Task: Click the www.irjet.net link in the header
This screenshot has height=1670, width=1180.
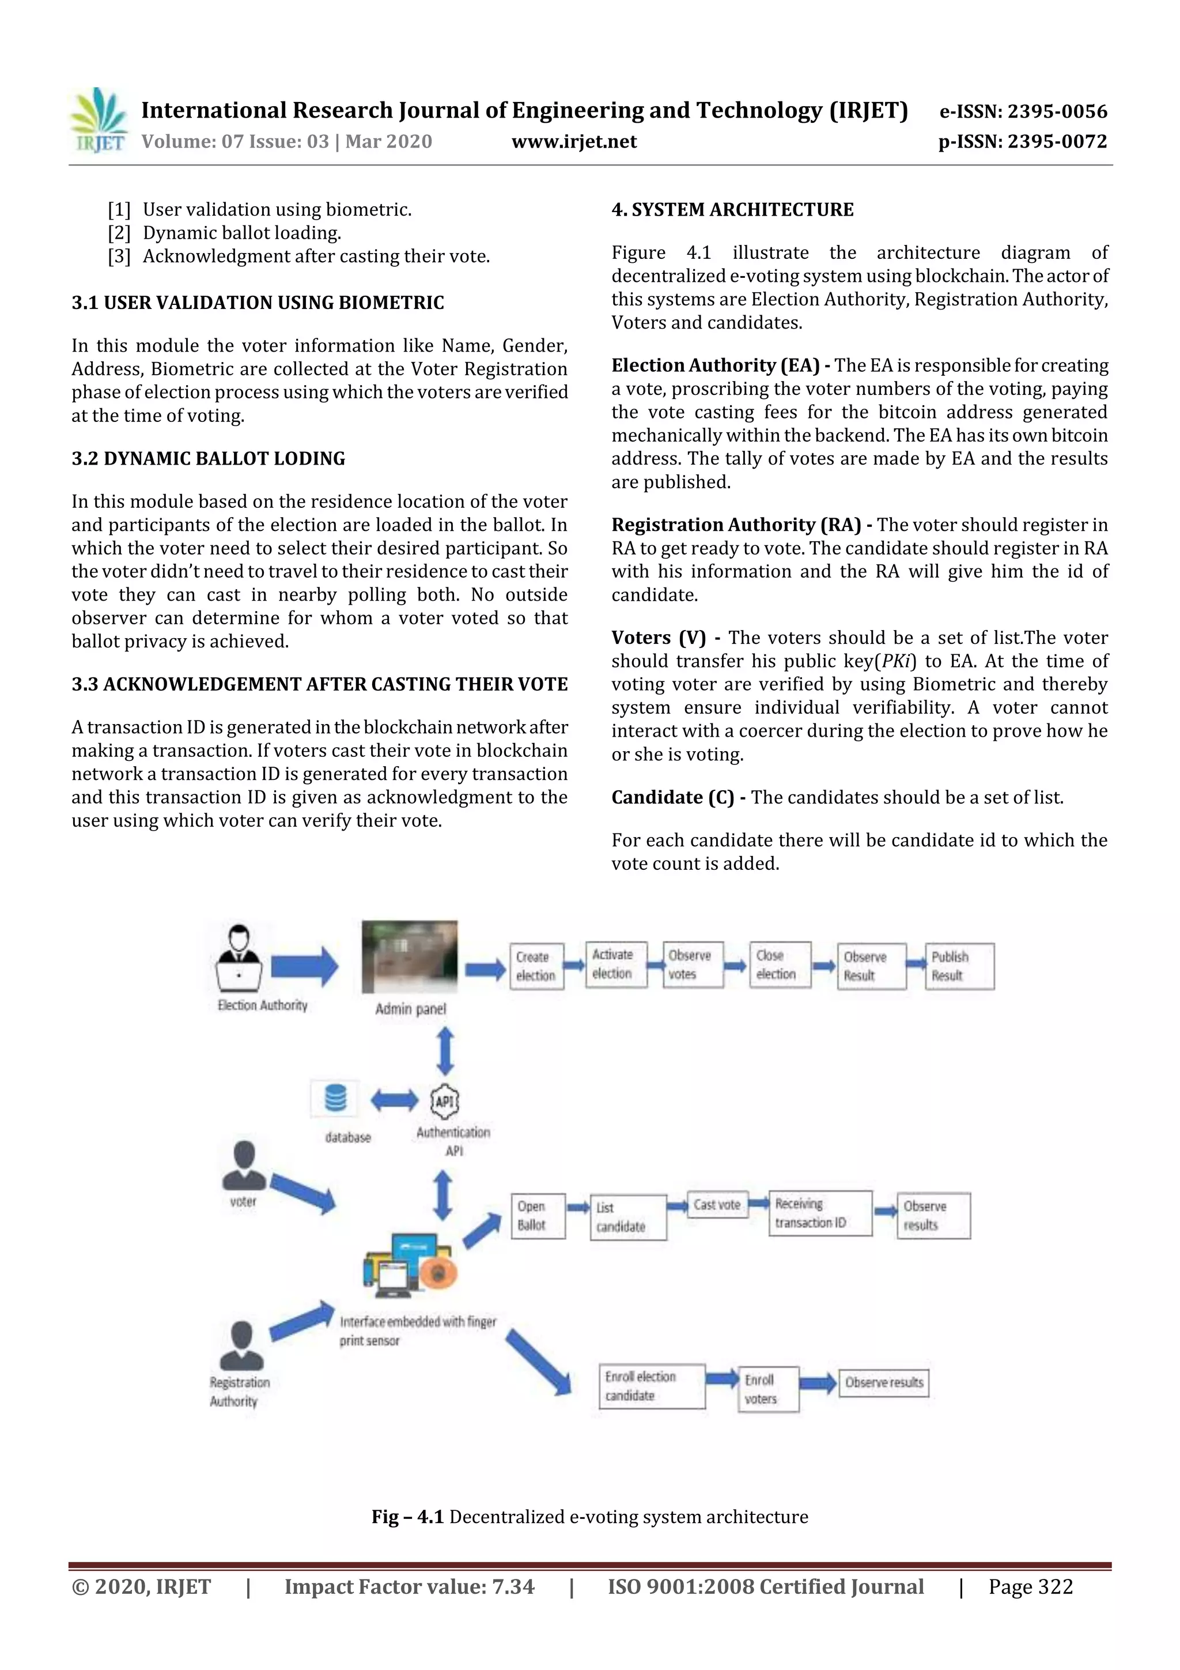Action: [574, 141]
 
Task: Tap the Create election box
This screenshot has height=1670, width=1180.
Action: [536, 966]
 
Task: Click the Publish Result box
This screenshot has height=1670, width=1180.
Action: [959, 966]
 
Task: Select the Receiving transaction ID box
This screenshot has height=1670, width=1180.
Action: [819, 1213]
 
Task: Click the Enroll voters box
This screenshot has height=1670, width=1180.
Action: [768, 1389]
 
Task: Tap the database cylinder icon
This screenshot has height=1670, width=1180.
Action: [335, 1098]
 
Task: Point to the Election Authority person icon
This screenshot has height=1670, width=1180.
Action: [239, 959]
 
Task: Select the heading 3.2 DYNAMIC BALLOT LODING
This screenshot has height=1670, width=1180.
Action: [208, 458]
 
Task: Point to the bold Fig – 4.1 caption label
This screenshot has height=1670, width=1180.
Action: [407, 1517]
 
